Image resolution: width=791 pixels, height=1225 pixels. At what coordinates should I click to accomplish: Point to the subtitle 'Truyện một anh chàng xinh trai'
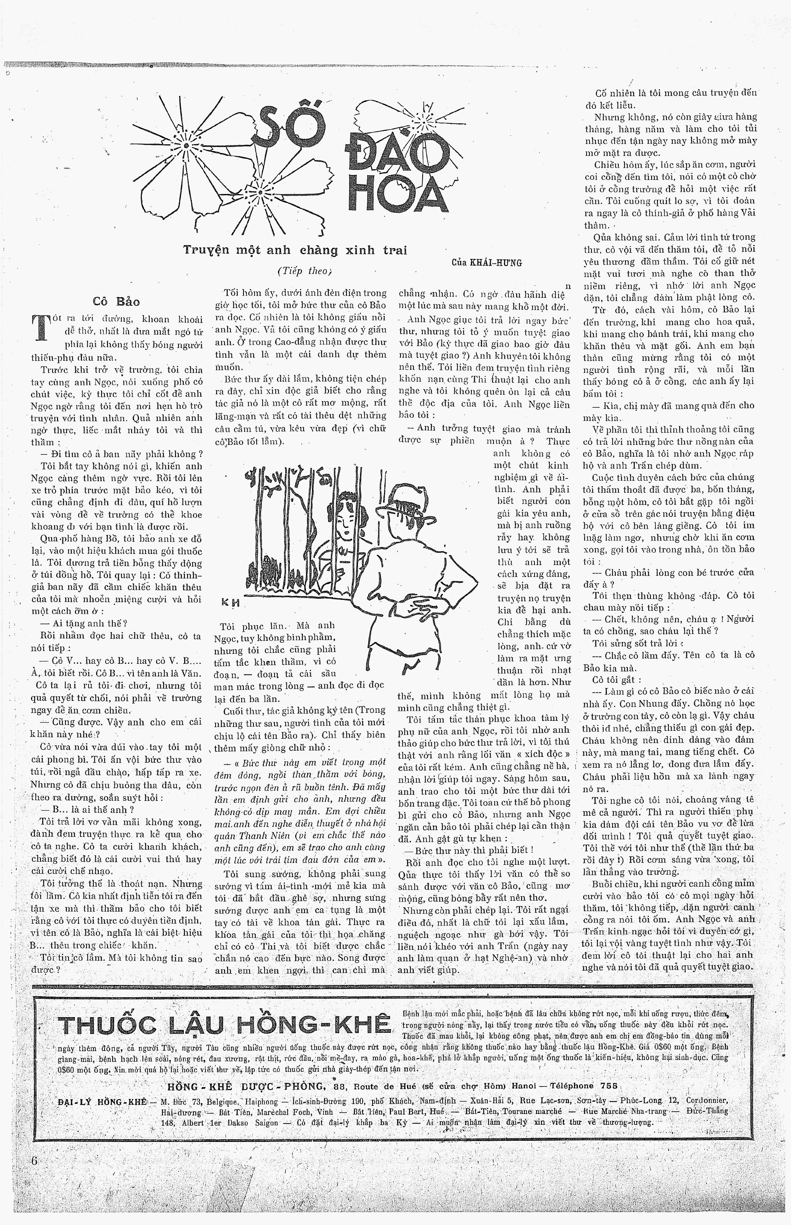295,250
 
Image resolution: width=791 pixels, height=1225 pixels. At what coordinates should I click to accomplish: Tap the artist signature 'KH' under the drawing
230,603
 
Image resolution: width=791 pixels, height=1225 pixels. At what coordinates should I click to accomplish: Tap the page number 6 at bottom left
34,1161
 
